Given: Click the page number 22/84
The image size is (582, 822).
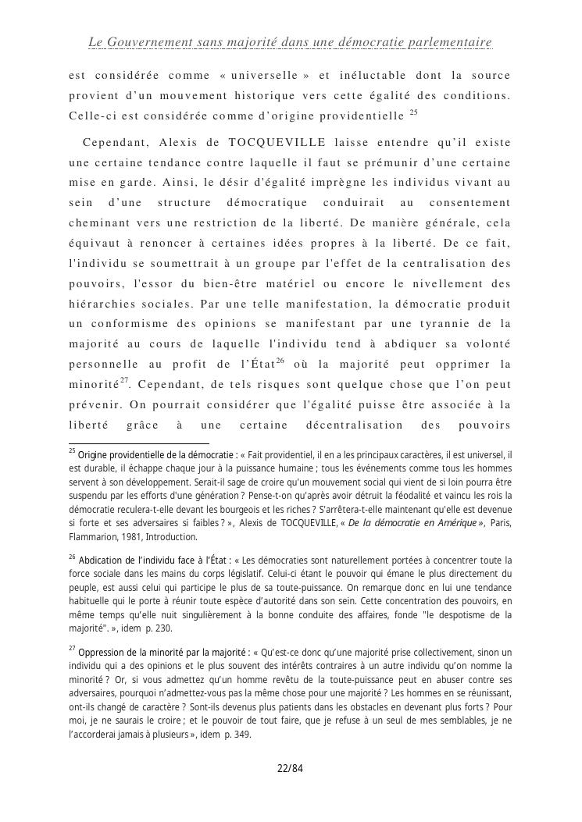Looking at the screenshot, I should pos(290,768).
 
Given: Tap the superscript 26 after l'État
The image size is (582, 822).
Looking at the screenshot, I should pos(280,360).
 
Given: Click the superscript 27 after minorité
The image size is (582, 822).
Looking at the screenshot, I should pos(124,380).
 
